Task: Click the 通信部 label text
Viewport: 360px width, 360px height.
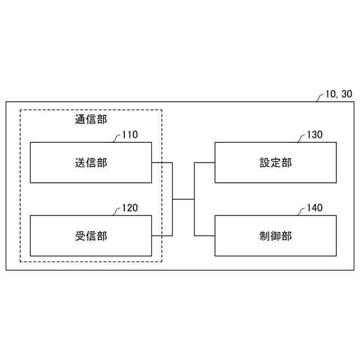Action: pos(91,119)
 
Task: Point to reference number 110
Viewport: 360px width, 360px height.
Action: pos(129,135)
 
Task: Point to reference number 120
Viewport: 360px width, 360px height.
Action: pos(129,208)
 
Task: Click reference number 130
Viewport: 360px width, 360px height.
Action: pos(314,135)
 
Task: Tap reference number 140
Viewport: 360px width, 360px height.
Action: pos(314,208)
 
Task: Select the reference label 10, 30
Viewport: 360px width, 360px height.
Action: pos(339,94)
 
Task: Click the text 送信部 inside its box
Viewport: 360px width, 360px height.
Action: pos(91,163)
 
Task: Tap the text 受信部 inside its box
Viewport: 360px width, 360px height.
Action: pos(91,236)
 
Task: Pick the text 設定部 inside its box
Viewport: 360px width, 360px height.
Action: pos(276,163)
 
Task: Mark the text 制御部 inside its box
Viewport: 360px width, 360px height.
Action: pos(276,236)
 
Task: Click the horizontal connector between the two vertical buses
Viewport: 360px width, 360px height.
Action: pos(183,199)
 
